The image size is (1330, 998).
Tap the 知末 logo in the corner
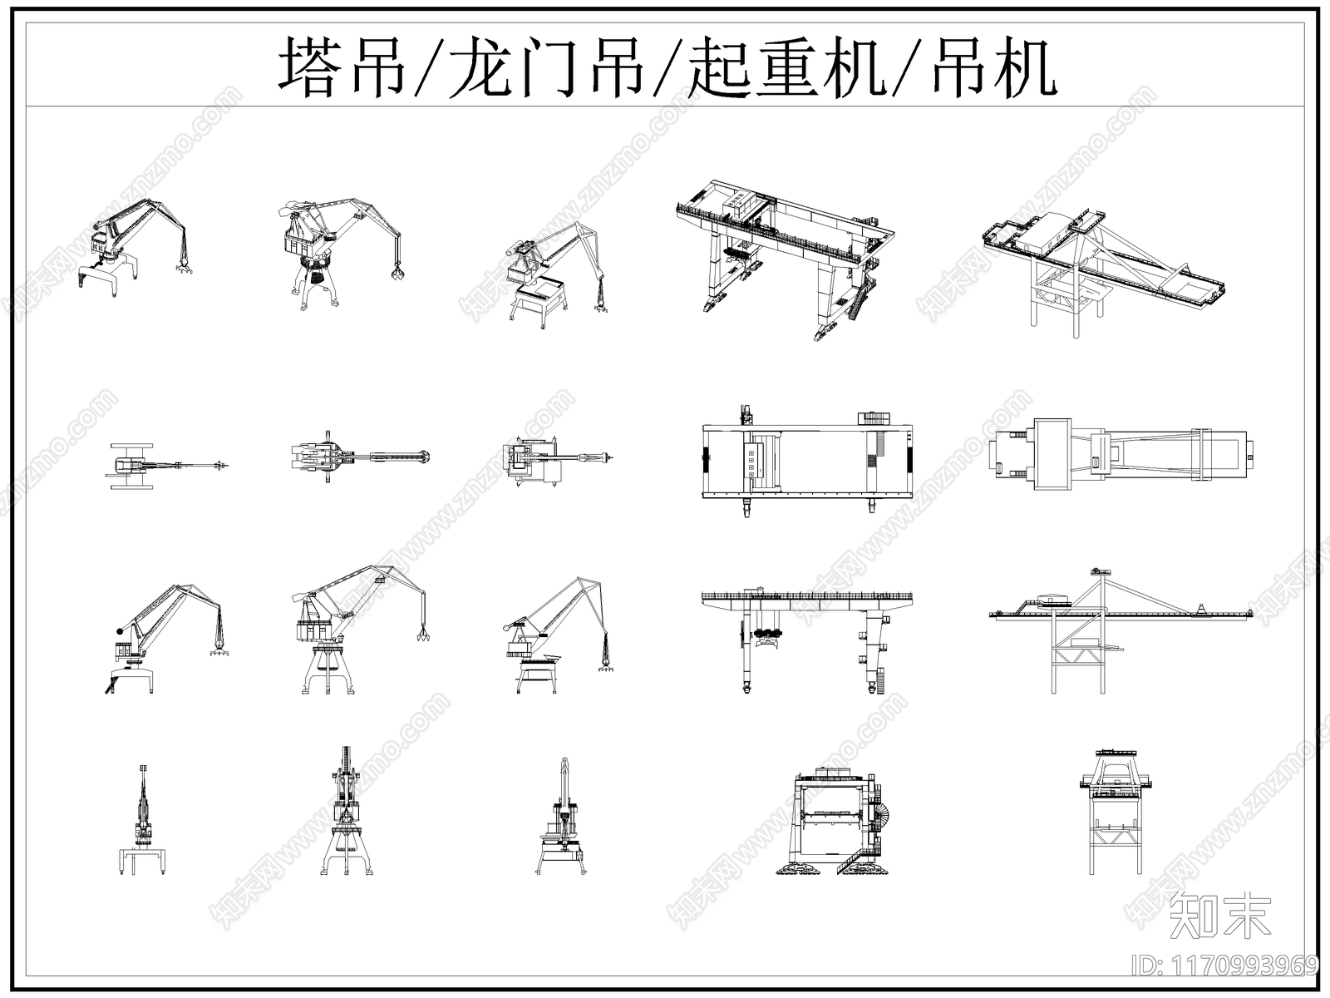click(1219, 916)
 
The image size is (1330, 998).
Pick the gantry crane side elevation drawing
click(806, 636)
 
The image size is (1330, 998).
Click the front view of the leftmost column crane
click(143, 823)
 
